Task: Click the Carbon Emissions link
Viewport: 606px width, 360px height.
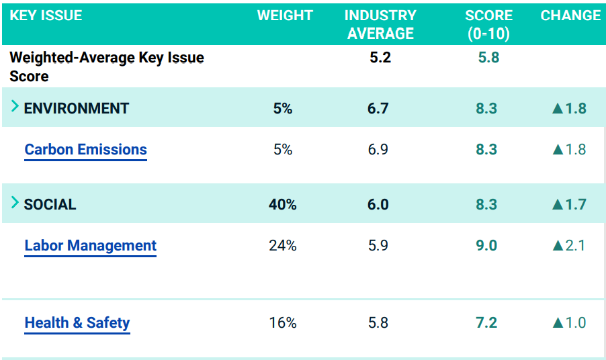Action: [x=85, y=149]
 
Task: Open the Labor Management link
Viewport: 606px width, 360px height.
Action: [x=90, y=246]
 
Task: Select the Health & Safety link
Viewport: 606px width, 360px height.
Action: [x=77, y=323]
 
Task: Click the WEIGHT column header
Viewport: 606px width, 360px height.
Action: [x=285, y=15]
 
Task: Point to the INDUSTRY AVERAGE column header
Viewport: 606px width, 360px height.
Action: [x=380, y=24]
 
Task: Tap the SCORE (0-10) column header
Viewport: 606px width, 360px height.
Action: [x=488, y=24]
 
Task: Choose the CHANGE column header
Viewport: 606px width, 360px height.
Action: [x=570, y=15]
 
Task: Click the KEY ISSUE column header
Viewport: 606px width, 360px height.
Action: [x=46, y=15]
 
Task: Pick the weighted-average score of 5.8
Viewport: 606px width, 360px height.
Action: [x=488, y=58]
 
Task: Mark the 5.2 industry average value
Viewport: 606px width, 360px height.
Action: [x=380, y=58]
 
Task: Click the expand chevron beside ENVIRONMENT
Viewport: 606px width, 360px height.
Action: [x=15, y=107]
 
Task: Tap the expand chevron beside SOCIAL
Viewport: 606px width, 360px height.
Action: [x=15, y=203]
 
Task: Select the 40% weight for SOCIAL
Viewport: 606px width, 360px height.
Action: [x=283, y=204]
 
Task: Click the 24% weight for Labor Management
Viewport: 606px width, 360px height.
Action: [x=283, y=246]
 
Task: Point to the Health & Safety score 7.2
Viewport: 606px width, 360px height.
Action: [x=486, y=323]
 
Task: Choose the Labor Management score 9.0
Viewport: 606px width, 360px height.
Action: [x=486, y=246]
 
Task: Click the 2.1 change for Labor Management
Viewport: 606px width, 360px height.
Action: [x=574, y=246]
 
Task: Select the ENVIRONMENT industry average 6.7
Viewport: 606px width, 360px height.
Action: [x=378, y=108]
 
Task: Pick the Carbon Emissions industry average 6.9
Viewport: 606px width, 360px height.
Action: [x=378, y=149]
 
